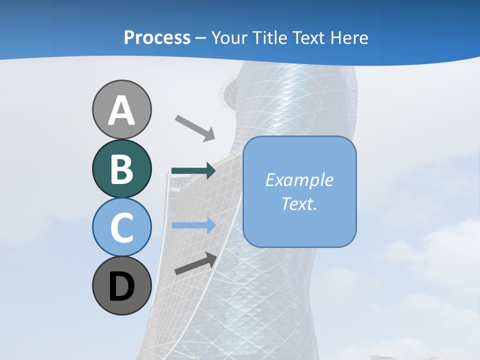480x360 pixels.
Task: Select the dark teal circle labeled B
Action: (x=122, y=168)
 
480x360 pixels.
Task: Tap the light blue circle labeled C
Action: (x=122, y=227)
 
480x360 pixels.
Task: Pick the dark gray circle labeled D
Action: (x=122, y=285)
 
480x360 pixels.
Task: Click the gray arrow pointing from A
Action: (x=195, y=128)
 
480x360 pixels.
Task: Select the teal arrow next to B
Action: (x=193, y=171)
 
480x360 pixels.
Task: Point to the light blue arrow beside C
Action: (x=193, y=225)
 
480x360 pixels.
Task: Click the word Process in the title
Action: (x=157, y=38)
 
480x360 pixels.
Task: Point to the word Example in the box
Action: (x=299, y=180)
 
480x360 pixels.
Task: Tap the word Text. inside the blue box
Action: (x=299, y=203)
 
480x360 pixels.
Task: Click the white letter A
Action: (x=122, y=111)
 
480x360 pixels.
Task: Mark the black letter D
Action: (x=122, y=287)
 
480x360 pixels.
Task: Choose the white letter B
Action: (x=122, y=169)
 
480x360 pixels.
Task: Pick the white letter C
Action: (x=122, y=227)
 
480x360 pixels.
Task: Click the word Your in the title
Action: (x=227, y=38)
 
